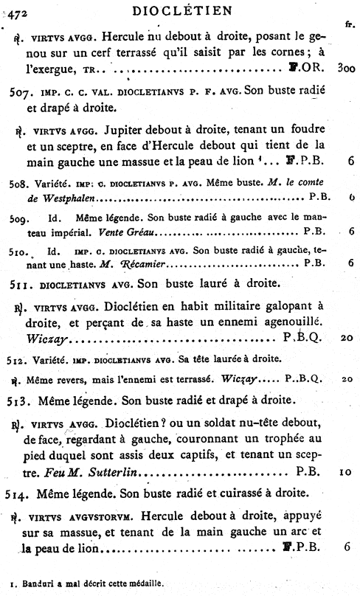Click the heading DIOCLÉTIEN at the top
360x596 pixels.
(x=181, y=10)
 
